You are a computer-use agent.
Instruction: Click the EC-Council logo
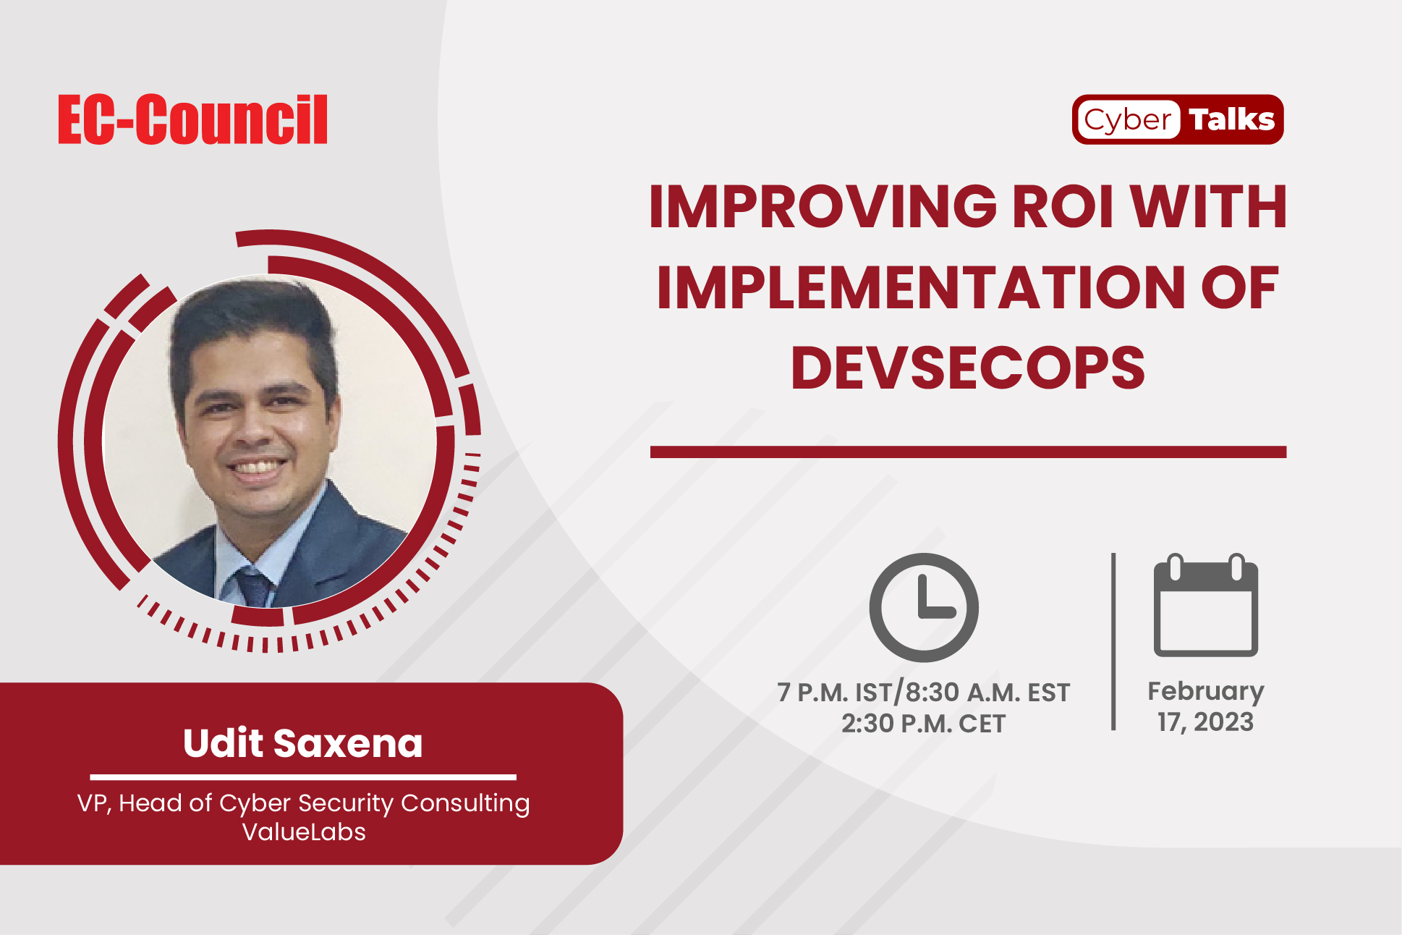coord(192,119)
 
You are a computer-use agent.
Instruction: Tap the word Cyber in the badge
coord(1128,120)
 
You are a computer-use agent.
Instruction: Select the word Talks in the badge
coord(1232,119)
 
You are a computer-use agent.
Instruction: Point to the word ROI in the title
coord(1063,207)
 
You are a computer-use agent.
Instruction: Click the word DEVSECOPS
coord(968,368)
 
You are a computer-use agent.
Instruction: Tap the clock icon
coord(924,607)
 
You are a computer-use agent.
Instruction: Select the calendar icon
coord(1205,605)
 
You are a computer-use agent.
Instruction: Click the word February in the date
coord(1205,692)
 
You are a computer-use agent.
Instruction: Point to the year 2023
coord(1223,722)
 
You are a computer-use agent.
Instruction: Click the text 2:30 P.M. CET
coord(923,724)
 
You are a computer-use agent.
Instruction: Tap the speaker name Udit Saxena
coord(303,743)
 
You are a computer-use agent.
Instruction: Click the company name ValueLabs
coord(304,832)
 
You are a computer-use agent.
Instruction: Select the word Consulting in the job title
coord(465,804)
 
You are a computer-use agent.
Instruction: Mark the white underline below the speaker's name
coord(303,777)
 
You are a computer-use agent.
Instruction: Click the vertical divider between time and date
coord(1113,642)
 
